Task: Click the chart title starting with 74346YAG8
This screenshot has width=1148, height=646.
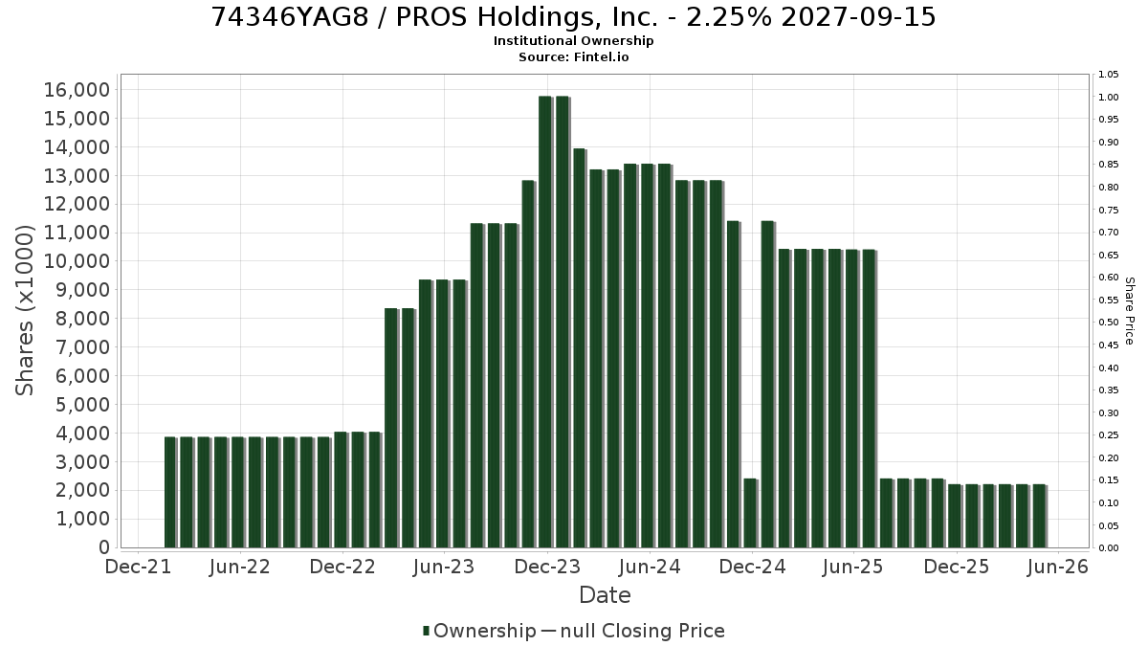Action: tap(573, 17)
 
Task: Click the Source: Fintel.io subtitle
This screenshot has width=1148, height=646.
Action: tap(573, 56)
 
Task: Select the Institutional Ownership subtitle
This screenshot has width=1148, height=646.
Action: tap(573, 40)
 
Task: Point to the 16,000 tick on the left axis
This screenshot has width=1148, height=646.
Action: tap(77, 90)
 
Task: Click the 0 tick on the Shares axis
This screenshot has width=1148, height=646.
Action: tap(104, 547)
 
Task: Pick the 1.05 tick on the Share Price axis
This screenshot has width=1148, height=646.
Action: tap(1108, 75)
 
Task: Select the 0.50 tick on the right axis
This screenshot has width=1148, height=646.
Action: tap(1108, 322)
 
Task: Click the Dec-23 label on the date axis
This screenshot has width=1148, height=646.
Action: tap(547, 567)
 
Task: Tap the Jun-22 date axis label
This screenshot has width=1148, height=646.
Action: tap(239, 567)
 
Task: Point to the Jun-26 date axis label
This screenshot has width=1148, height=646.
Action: tap(1058, 567)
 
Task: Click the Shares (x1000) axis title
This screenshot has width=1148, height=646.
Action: tap(24, 310)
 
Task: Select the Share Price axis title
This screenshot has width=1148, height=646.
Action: tap(1130, 311)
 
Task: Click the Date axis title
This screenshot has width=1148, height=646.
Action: tap(605, 595)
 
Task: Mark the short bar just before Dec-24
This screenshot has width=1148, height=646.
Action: tap(750, 513)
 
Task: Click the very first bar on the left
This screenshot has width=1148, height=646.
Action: tap(170, 492)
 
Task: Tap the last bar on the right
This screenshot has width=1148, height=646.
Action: tap(1039, 516)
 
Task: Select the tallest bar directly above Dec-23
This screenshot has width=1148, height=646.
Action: tap(545, 322)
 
